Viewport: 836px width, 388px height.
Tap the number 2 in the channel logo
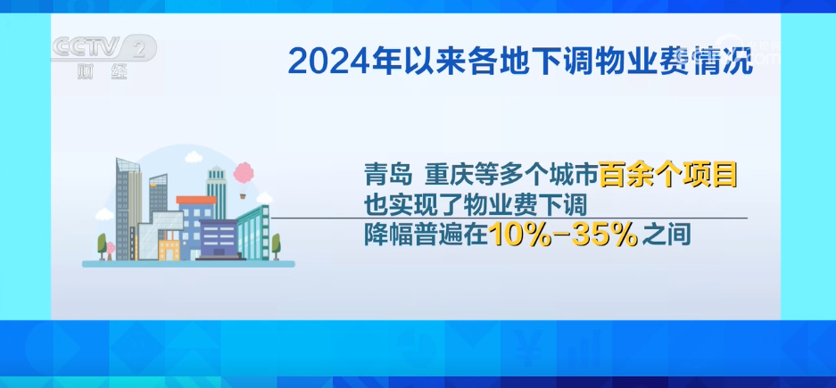coord(140,49)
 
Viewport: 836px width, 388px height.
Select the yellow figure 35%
coord(604,234)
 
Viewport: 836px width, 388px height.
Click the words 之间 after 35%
coord(666,235)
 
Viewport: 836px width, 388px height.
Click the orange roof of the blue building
coord(196,201)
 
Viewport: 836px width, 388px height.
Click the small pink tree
coord(110,250)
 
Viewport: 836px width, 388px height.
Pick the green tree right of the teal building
coord(276,245)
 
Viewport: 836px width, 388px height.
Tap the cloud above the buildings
coord(194,157)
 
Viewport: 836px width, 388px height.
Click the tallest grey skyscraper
coord(128,209)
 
